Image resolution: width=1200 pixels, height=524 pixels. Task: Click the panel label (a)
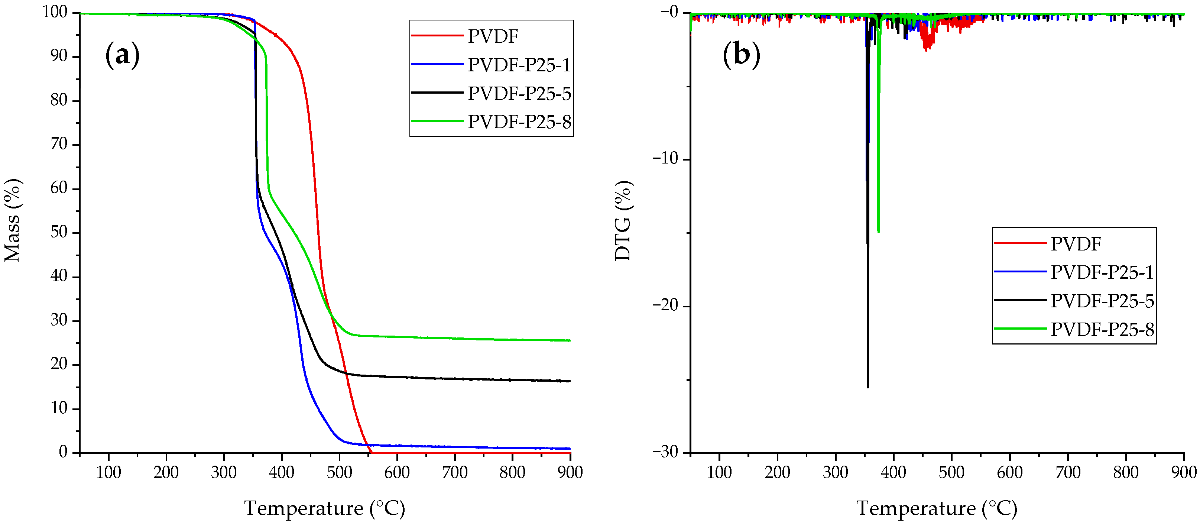[x=122, y=55]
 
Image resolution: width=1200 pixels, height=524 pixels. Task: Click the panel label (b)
[x=741, y=55]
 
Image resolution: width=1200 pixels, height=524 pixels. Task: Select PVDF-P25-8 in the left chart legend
[x=519, y=122]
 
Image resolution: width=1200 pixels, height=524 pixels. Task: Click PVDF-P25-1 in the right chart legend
[x=1102, y=272]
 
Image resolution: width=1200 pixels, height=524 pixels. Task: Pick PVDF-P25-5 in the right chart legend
[x=1102, y=301]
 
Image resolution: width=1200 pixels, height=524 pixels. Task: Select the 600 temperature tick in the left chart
[x=397, y=472]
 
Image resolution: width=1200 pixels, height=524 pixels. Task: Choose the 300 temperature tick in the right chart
[x=835, y=472]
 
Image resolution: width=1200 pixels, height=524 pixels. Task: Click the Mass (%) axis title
[x=13, y=220]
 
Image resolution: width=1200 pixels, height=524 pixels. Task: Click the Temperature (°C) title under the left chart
[x=325, y=508]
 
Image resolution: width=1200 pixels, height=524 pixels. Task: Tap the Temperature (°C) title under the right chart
[x=937, y=508]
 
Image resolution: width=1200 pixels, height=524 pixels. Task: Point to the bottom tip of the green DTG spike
[x=879, y=232]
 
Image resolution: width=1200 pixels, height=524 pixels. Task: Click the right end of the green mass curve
[x=569, y=340]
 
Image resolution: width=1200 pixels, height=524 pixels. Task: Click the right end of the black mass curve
[x=569, y=381]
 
